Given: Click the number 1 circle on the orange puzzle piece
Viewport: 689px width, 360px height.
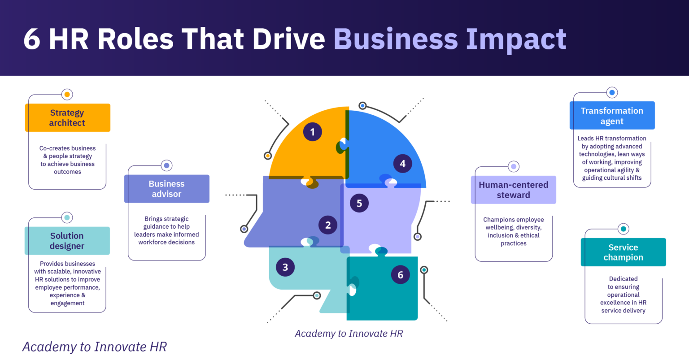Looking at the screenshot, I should pos(312,132).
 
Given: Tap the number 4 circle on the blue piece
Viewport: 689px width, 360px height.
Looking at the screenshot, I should pos(402,164).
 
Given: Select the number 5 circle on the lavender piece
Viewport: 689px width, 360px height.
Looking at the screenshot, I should pos(359,203).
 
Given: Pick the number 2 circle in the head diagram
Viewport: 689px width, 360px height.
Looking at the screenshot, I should pos(328,225).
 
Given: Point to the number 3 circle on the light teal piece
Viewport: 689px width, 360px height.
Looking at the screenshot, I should pos(285,268).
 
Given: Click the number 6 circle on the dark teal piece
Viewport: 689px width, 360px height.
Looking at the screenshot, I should pos(400,275).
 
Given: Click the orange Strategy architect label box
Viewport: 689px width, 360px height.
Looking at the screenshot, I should pos(67,118).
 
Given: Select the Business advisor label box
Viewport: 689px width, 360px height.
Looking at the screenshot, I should pos(166,189).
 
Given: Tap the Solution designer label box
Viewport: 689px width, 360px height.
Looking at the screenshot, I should pos(67,241).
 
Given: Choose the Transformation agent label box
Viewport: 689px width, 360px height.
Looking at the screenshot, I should pos(612,116).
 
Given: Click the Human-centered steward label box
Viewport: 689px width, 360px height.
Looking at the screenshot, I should pos(513,190).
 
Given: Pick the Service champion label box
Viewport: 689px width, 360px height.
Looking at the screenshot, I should pos(623,252).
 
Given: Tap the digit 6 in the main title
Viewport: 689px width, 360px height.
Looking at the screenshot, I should pos(32,39).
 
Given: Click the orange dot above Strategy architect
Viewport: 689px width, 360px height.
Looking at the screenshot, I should pos(67,95).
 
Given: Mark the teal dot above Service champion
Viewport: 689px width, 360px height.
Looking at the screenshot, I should pos(623,229).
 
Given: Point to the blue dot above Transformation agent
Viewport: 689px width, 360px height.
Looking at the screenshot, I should pos(612,93).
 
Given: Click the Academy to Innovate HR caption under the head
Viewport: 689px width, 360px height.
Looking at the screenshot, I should pos(349,334).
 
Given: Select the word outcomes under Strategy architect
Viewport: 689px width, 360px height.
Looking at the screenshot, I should pos(67,172).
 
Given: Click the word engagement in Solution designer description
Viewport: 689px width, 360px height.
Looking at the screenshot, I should pos(67,303).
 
